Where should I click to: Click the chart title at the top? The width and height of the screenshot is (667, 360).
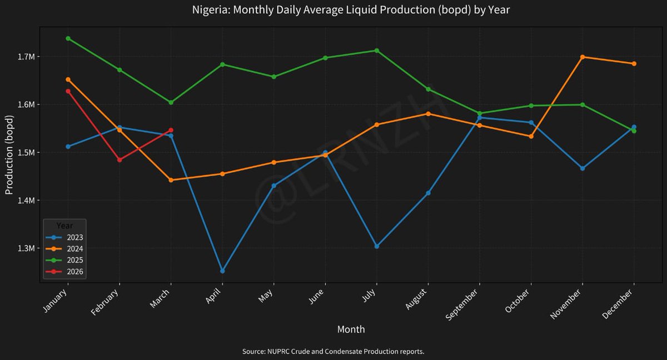tap(351, 10)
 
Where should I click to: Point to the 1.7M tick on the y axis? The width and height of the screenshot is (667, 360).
tap(26, 57)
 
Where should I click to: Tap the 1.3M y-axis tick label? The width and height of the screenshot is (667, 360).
tap(26, 248)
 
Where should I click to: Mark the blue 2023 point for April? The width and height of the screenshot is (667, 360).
tap(222, 271)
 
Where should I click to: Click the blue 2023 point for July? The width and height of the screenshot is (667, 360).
tap(377, 246)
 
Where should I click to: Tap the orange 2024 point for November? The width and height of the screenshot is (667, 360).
tap(583, 57)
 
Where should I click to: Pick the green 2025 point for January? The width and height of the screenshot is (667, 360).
tap(68, 38)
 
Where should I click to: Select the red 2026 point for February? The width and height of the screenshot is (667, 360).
tap(119, 160)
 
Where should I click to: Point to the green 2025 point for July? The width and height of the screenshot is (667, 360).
tap(377, 51)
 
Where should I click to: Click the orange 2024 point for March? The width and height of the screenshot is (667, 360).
tap(171, 180)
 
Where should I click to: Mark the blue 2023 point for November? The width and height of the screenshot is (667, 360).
tap(583, 168)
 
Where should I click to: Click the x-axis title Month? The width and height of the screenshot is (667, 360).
tap(351, 329)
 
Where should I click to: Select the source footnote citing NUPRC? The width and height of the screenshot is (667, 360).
tap(333, 352)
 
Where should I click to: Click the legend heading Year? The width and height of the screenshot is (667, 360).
tap(64, 226)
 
